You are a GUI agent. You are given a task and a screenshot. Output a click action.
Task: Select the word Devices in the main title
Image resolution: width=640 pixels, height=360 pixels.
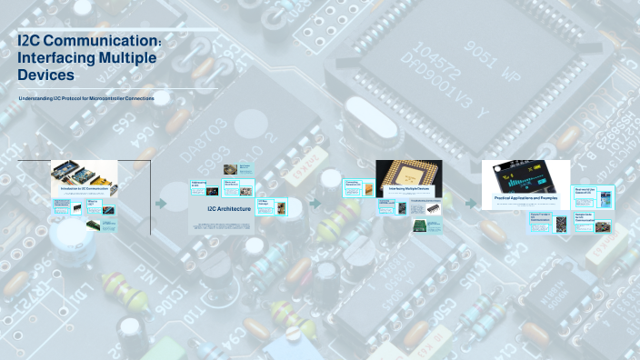[x=45, y=75]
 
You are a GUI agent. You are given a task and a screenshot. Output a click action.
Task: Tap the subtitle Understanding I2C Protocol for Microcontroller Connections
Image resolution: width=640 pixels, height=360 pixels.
[x=86, y=98]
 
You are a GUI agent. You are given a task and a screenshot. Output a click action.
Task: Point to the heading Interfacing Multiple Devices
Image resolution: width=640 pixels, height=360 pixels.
[x=409, y=190]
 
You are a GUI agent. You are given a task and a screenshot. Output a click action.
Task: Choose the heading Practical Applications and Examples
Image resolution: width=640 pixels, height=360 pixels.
[x=525, y=197]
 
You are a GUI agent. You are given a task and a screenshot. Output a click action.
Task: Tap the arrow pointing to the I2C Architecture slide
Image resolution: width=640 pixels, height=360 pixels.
[x=161, y=204]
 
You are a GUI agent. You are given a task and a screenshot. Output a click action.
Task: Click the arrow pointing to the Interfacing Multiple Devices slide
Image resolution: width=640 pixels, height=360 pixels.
[x=315, y=204]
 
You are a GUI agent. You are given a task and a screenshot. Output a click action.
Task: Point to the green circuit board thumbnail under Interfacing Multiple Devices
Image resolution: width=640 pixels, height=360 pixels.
[x=420, y=225]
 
